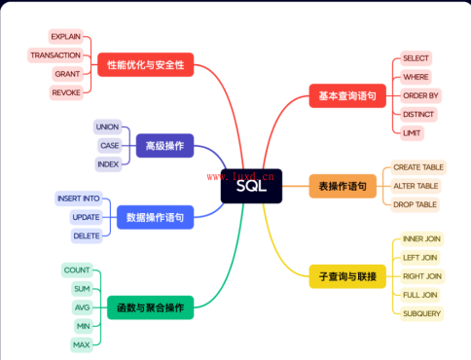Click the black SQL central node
(251, 186)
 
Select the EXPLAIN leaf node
(66, 36)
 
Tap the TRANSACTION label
(55, 55)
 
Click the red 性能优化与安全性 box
(146, 65)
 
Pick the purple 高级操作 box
(164, 146)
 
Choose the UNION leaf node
(107, 126)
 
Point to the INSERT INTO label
(79, 198)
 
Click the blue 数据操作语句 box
(155, 217)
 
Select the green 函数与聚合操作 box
(151, 307)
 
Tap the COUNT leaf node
(77, 270)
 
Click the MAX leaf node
(82, 344)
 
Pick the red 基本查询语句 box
(347, 95)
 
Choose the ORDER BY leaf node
(420, 95)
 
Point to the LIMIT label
(412, 133)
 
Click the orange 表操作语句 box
(343, 186)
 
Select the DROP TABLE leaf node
(415, 204)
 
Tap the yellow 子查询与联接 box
(347, 276)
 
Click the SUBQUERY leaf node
(421, 313)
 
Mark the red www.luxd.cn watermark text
(240, 176)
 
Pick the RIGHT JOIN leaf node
(422, 276)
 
